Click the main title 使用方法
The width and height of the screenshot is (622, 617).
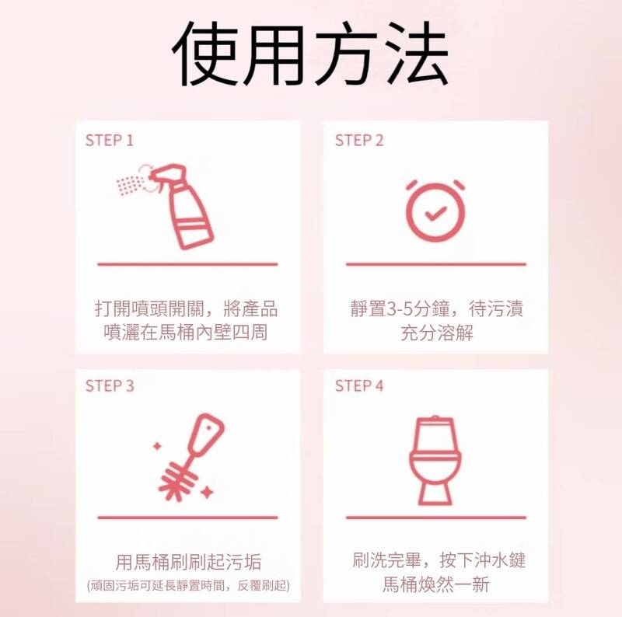[x=310, y=54]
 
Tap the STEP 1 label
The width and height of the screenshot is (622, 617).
[x=110, y=141]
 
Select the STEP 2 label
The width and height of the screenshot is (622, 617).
[x=359, y=141]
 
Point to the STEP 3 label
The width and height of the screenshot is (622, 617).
[x=110, y=386]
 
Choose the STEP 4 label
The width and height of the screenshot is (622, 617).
[x=359, y=386]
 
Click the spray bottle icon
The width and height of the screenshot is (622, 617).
[x=166, y=206]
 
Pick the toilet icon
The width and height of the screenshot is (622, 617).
[x=435, y=461]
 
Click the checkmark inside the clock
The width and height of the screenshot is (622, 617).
[x=435, y=214]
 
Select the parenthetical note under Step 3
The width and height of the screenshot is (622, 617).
[x=188, y=586]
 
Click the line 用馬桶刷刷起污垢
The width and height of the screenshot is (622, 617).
[x=188, y=562]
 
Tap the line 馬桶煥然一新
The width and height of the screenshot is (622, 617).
[x=436, y=584]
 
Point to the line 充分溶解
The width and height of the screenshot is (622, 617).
[x=437, y=333]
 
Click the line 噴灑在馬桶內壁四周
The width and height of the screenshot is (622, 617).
[x=186, y=332]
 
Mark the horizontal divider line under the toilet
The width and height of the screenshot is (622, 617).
[x=436, y=518]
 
